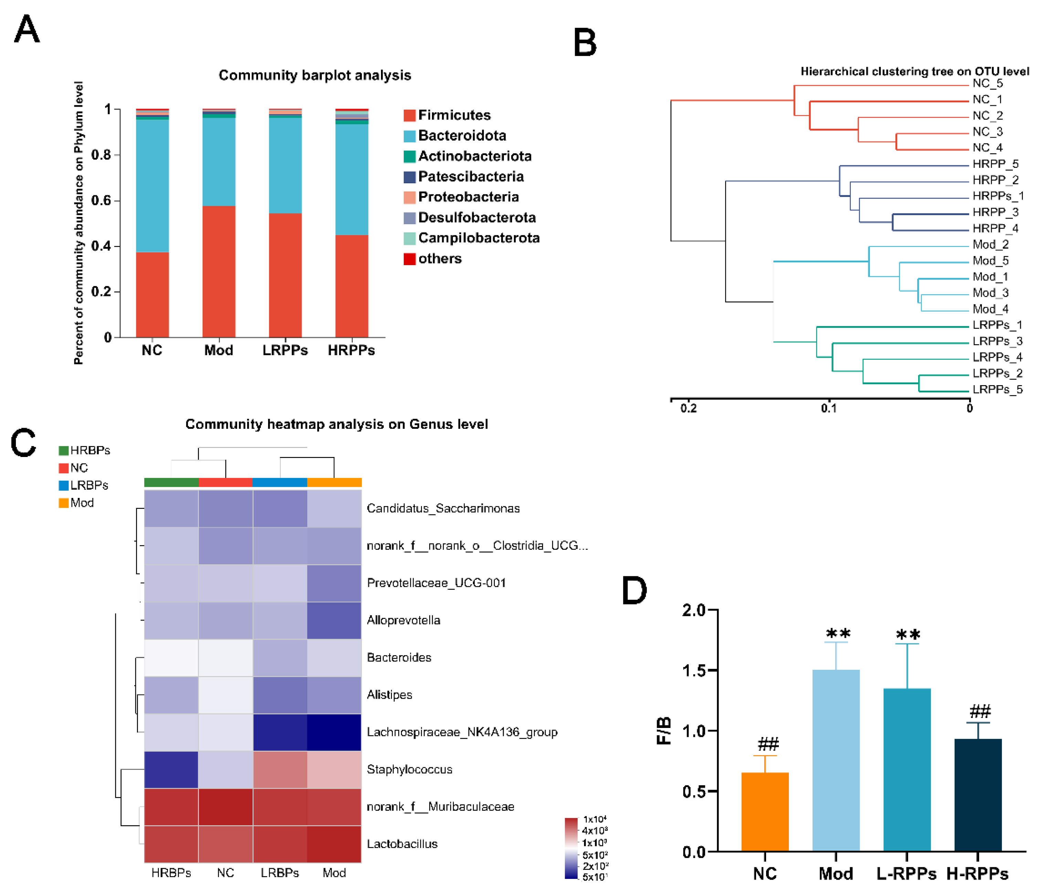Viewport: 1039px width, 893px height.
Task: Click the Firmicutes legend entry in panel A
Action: click(454, 115)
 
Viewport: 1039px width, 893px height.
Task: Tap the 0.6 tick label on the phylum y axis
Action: click(101, 200)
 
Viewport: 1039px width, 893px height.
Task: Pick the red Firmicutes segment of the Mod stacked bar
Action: click(219, 271)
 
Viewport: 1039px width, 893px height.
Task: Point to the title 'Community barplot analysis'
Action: click(315, 75)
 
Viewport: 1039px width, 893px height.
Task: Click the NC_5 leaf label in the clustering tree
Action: click(987, 83)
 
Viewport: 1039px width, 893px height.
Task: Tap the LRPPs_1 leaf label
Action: click(997, 325)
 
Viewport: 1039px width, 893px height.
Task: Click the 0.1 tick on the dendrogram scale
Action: click(828, 408)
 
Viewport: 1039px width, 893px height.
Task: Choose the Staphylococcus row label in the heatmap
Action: click(409, 769)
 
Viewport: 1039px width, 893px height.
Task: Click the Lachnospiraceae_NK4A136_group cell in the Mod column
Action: click(334, 732)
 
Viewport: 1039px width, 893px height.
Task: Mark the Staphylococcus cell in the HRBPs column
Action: click(171, 769)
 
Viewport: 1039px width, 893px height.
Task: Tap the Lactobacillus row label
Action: click(402, 844)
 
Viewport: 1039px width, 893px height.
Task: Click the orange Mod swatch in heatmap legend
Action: click(64, 503)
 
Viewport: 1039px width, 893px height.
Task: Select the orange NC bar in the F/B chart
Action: click(765, 812)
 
